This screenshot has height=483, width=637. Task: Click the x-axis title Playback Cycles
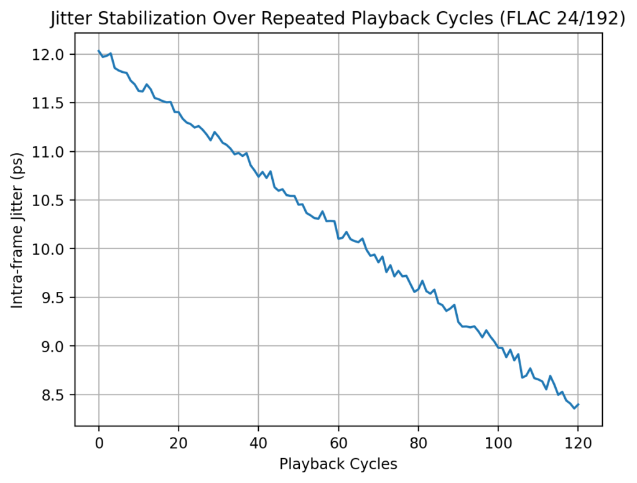click(x=338, y=464)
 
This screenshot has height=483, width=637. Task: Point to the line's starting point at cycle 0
click(x=99, y=51)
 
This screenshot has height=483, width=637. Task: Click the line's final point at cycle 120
click(x=579, y=405)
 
